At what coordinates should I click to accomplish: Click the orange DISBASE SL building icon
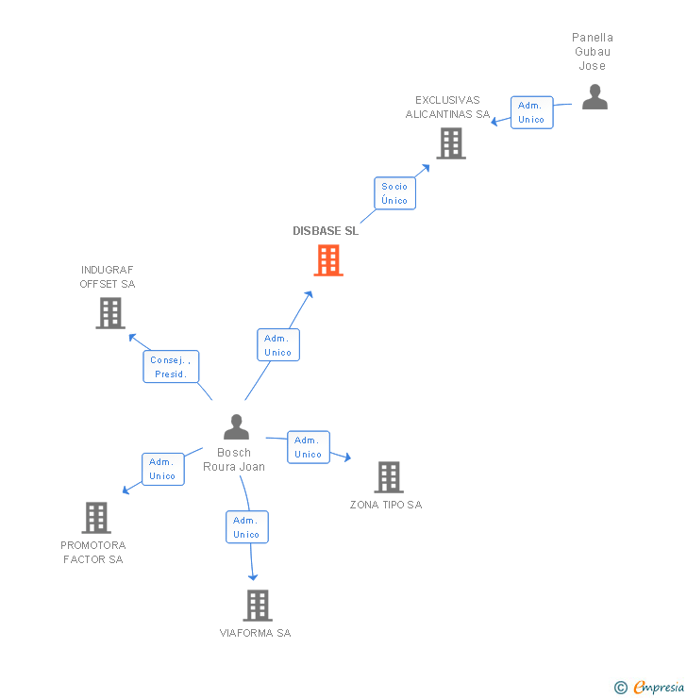pos(328,260)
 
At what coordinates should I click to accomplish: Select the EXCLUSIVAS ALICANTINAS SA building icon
pos(451,143)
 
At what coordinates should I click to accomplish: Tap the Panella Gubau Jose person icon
pos(595,97)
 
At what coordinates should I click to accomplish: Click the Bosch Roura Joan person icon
pos(236,427)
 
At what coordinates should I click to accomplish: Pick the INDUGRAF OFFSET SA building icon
pos(110,313)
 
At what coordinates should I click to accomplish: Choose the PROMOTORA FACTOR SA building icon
pos(96,518)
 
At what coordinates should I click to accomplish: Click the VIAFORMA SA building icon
pos(257,606)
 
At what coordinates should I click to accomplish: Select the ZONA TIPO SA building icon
pos(389,477)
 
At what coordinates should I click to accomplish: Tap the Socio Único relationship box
pos(394,193)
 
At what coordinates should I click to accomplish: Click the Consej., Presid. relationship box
pos(171,367)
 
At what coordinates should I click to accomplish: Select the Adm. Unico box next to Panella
pos(531,113)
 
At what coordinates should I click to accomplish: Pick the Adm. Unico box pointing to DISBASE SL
pos(277,345)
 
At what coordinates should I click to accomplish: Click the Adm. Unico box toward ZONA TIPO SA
pos(308,447)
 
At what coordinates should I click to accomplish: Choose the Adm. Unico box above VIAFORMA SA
pos(246,527)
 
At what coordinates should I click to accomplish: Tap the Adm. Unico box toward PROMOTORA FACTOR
pos(162,469)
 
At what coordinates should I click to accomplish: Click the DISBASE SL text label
pos(326,231)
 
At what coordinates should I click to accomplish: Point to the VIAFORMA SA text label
pos(256,633)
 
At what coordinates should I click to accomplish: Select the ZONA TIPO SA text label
pos(386,505)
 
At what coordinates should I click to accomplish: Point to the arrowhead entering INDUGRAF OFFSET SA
pos(131,337)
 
